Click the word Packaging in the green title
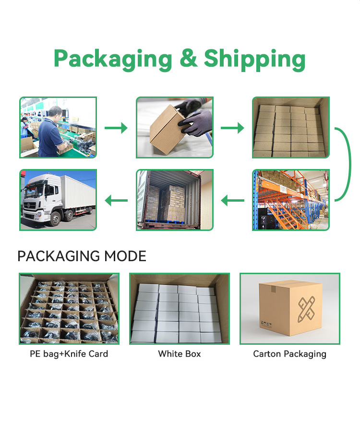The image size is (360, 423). (113, 60)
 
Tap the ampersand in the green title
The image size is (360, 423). (188, 58)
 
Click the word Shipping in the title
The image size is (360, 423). (254, 60)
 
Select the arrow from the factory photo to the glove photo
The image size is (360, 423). (116, 128)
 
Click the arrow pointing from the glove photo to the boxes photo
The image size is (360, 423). (232, 128)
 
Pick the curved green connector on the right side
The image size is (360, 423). (350, 164)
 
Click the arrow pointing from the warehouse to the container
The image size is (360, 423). (232, 200)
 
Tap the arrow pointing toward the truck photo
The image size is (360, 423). (116, 200)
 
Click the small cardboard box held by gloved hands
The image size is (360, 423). (167, 130)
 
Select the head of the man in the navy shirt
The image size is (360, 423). (55, 112)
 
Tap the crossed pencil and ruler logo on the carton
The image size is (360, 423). (306, 309)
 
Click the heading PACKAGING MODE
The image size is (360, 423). (82, 256)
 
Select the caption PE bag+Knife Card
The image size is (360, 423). (69, 354)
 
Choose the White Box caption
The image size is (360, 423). (180, 354)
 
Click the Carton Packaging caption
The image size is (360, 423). (289, 354)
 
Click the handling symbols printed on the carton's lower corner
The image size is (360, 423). (266, 324)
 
